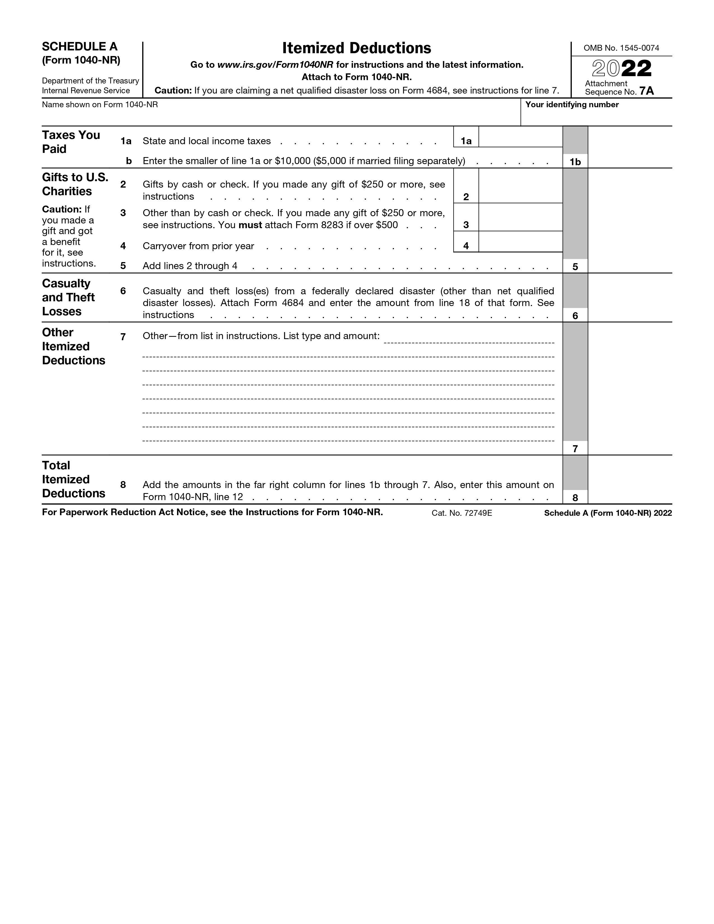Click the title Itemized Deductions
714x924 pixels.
(x=356, y=48)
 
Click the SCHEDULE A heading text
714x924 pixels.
(x=80, y=46)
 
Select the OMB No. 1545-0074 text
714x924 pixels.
(x=621, y=48)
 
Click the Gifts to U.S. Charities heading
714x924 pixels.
(x=75, y=184)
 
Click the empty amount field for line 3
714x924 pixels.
(x=520, y=218)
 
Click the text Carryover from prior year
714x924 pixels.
(x=199, y=246)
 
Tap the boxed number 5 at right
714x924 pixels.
(x=575, y=267)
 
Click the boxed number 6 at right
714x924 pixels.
(x=575, y=316)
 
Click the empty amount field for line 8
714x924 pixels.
(x=629, y=480)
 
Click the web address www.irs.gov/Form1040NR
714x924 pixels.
(x=275, y=65)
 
